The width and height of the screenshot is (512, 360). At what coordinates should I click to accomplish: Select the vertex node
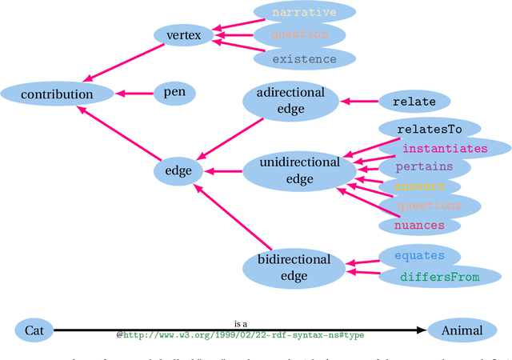click(x=183, y=35)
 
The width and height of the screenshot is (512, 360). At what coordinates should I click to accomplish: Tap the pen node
click(x=174, y=93)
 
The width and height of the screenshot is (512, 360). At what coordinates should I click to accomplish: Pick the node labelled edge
click(x=178, y=170)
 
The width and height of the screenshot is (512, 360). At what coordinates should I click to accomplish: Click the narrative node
click(x=304, y=12)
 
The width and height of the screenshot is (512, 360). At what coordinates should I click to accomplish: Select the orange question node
click(x=299, y=35)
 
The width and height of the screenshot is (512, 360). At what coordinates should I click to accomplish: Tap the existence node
click(x=304, y=58)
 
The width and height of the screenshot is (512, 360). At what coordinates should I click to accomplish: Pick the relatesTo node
click(x=429, y=128)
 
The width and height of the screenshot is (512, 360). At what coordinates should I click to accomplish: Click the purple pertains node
click(x=424, y=167)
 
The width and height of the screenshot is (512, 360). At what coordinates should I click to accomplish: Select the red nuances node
click(x=420, y=225)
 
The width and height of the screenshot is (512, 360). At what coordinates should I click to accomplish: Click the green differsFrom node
click(x=439, y=277)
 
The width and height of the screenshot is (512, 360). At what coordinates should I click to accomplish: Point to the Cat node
click(x=34, y=330)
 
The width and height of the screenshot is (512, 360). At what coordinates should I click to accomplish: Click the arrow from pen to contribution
click(x=134, y=94)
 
